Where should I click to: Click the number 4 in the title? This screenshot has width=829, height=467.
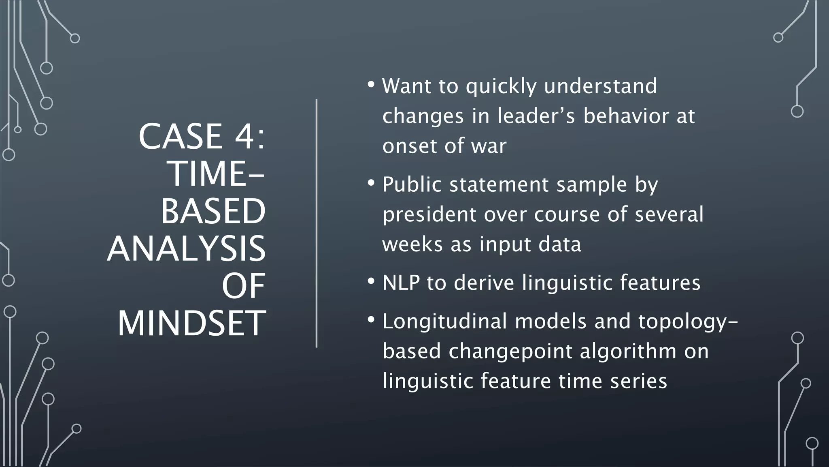pos(244,137)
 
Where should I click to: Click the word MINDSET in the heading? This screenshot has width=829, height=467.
pos(191,323)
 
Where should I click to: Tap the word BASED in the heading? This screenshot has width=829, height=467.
pos(213,212)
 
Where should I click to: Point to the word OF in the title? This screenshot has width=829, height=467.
pos(243,286)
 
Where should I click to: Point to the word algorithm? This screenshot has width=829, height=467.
pos(628,351)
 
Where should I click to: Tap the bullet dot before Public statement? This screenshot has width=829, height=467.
pos(371,184)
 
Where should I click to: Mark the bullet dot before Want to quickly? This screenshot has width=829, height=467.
pos(371,85)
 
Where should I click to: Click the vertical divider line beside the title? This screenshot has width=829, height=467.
pos(317,223)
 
